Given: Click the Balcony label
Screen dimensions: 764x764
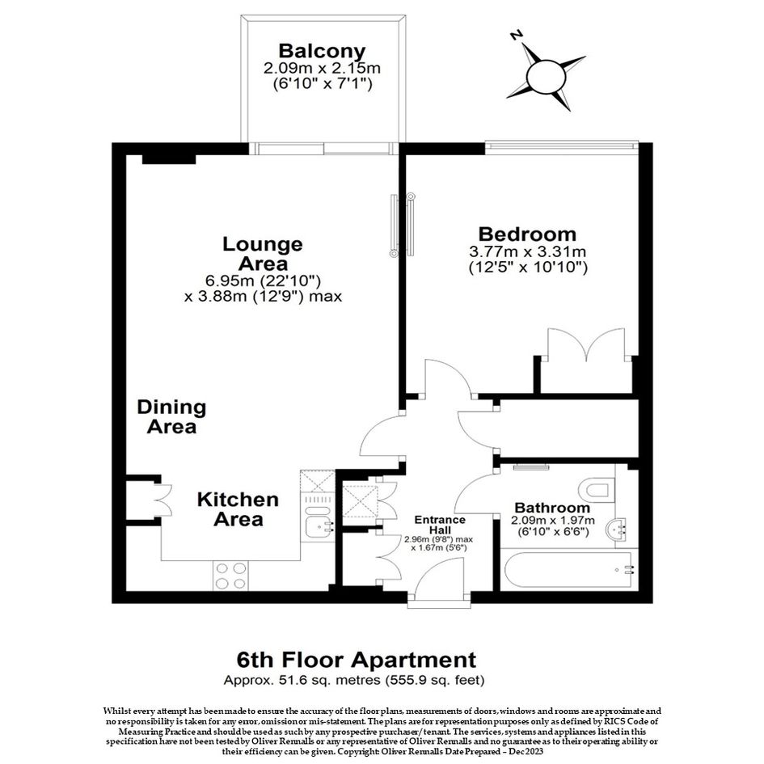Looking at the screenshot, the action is tap(322, 51).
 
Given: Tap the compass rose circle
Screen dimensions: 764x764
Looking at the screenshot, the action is tap(547, 77).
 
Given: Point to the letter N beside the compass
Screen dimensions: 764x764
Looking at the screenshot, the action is tap(517, 35).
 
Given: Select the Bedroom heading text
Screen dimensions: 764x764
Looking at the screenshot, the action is tap(527, 234).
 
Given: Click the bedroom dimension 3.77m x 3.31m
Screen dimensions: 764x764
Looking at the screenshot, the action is tap(527, 252).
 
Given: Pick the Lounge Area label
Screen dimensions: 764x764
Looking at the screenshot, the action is tap(263, 254).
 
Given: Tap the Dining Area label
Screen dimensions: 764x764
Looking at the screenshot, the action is tap(171, 416).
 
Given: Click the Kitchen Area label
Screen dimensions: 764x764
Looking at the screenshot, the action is tap(238, 509).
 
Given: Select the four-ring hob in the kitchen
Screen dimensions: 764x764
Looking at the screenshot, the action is tap(230, 576).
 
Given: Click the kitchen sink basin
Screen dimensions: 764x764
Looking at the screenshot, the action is tap(317, 524).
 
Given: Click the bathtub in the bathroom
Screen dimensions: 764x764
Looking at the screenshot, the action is tap(568, 570).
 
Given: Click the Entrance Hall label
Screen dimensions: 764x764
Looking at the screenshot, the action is tap(440, 525).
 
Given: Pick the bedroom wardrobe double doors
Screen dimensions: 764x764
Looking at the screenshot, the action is tap(586, 344).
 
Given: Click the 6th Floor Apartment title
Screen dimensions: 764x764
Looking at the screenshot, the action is tap(357, 660).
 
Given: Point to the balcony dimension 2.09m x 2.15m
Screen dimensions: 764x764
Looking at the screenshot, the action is tap(322, 68).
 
